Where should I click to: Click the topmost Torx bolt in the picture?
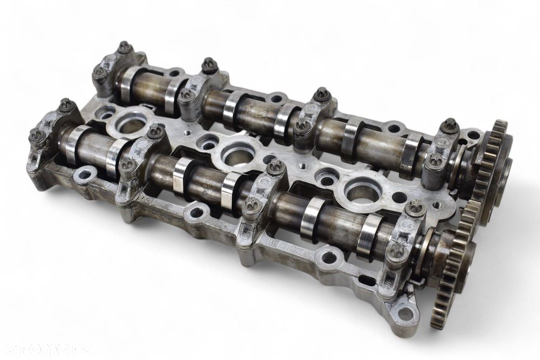[125, 47]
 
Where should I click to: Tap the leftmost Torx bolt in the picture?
[37, 134]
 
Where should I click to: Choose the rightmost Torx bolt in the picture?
[450, 125]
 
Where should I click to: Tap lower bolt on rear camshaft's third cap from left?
[302, 126]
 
